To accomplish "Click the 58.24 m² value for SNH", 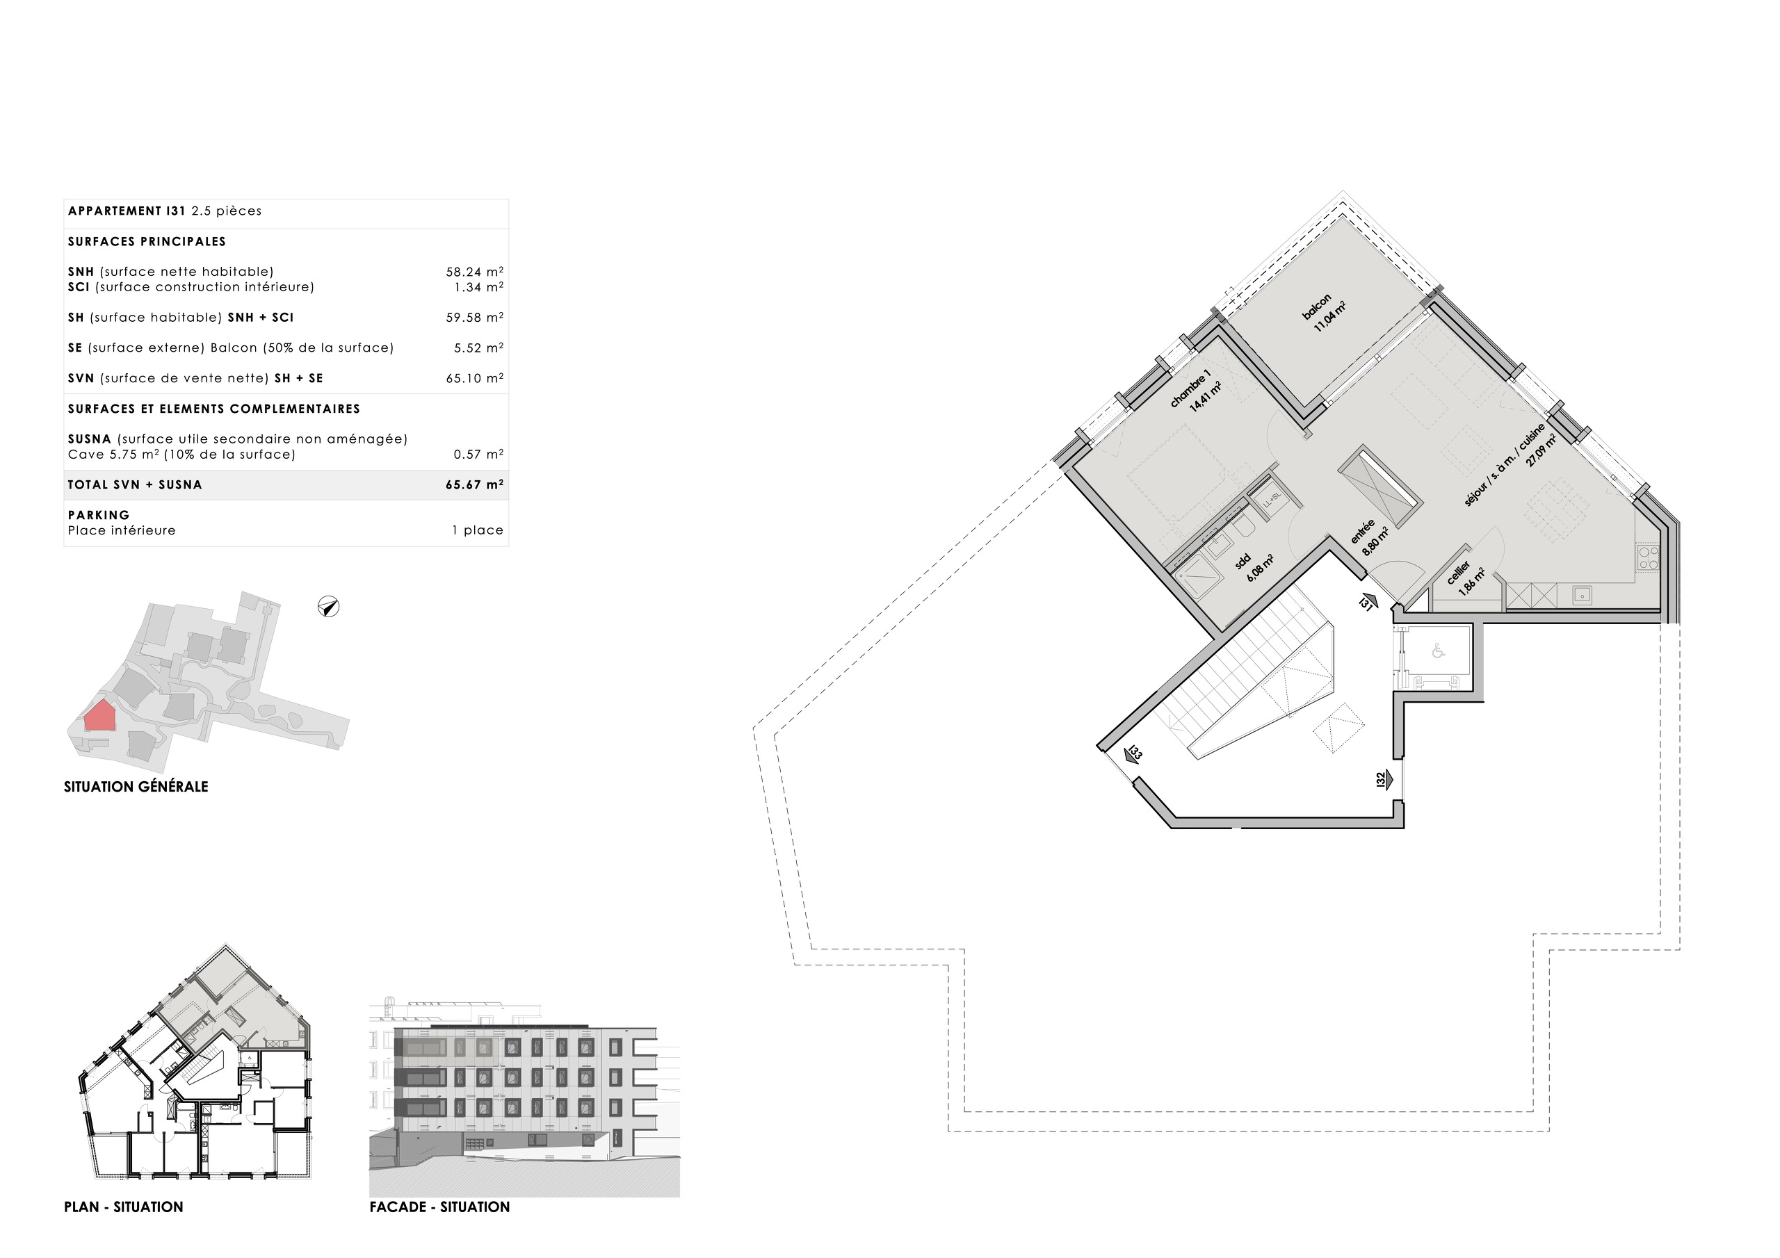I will [x=474, y=272].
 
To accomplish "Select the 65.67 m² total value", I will [x=474, y=485].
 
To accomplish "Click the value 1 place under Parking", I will [x=478, y=531].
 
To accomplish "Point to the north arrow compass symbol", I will [x=329, y=607].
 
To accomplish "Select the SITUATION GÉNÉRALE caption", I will [x=136, y=787].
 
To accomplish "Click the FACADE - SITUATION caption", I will [x=439, y=1207].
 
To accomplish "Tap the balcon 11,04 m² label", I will [x=1322, y=312].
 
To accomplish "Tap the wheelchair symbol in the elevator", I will [x=1438, y=652].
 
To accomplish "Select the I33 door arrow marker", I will [x=1133, y=755].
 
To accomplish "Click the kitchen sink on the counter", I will [x=1583, y=595].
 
